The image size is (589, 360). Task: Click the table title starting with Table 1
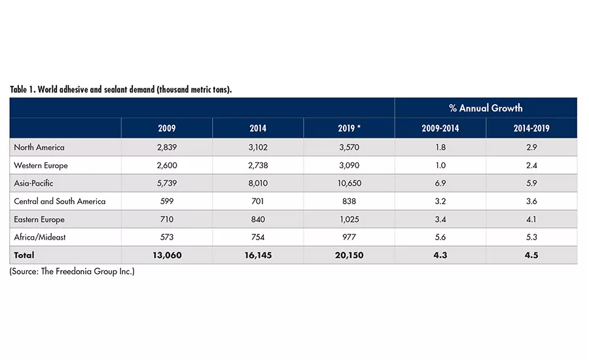[120, 90]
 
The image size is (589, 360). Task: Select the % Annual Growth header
[486, 108]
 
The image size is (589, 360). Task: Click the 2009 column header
[167, 128]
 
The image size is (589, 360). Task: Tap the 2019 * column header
[349, 128]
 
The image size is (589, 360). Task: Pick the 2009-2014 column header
[440, 128]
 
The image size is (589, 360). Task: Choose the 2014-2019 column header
[531, 128]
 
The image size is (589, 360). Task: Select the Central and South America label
[60, 202]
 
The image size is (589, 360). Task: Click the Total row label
[24, 255]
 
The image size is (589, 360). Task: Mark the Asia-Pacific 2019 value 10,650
[349, 183]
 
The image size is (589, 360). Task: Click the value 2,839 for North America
[167, 148]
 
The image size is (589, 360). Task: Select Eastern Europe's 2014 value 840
[258, 219]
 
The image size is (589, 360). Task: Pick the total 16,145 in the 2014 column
[258, 255]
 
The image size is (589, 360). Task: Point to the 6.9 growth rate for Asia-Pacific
[440, 183]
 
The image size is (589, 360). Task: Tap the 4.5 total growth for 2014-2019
[531, 255]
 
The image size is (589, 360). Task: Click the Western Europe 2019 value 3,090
[349, 166]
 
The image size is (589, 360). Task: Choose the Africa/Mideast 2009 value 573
[167, 237]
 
